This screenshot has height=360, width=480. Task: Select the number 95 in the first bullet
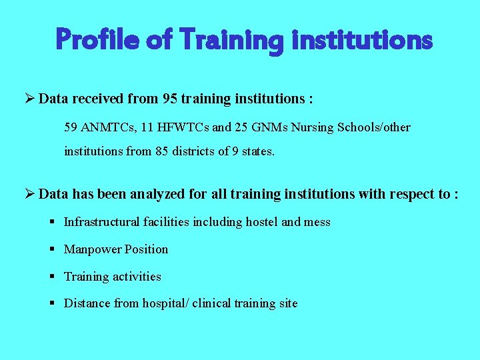[x=171, y=99]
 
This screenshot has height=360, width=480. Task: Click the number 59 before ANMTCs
[x=71, y=127]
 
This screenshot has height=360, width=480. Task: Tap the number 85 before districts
[x=162, y=151]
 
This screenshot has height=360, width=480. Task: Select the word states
[x=257, y=151]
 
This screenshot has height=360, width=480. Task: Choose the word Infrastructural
[x=103, y=222]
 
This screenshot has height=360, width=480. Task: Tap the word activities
[x=137, y=277]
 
